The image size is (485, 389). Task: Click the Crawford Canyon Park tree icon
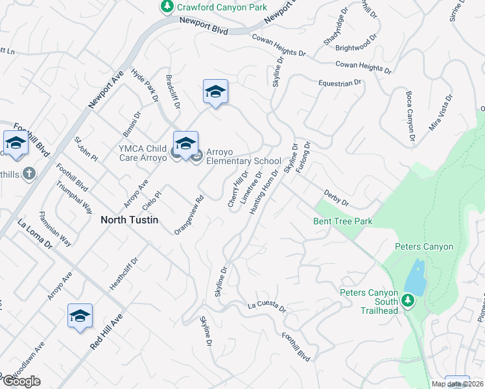pos(167,6)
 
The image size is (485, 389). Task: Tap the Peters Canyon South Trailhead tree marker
pos(407,300)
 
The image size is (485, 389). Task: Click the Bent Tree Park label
pos(343,221)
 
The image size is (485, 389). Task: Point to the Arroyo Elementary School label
pos(244,161)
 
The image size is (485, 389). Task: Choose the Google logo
pos(21,381)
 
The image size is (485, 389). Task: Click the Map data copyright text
pos(458,384)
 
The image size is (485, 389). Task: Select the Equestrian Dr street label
pos(339,83)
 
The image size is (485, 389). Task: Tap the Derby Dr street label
pos(336,198)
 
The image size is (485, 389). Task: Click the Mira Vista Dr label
pos(440,113)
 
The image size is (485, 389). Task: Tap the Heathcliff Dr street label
pos(124,274)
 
